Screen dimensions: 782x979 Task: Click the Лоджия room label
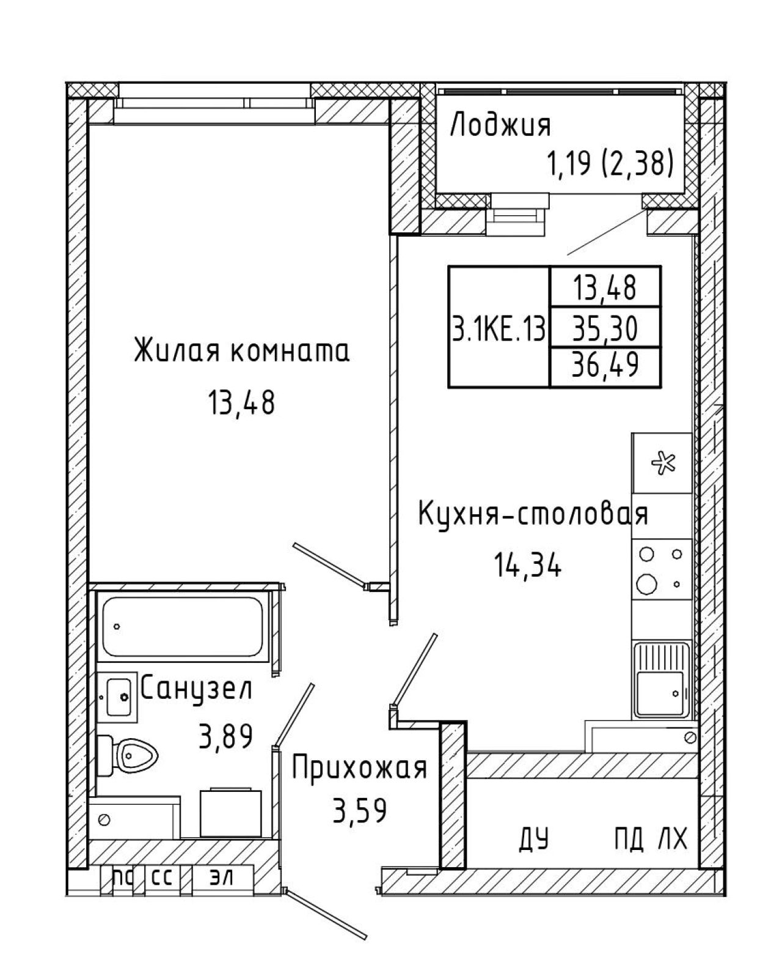tap(500, 125)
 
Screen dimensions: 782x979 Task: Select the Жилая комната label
tap(241, 351)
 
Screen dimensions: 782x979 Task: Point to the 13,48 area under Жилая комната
tap(241, 402)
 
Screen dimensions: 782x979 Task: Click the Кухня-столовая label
tap(533, 514)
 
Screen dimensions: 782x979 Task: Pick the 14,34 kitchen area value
tap(528, 566)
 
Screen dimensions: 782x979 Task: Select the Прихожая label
tap(359, 769)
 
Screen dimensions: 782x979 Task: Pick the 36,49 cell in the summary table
tap(605, 367)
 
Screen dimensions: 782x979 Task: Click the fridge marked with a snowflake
tap(662, 464)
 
